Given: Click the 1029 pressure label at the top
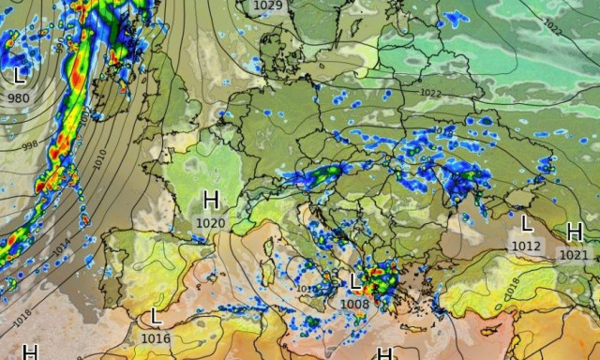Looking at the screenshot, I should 268,6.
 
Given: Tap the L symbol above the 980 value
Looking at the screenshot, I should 20,74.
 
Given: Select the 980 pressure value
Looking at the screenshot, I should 18,97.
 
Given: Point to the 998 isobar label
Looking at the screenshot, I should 30,144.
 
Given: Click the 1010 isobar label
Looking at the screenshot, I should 100,159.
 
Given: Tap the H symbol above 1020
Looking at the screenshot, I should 211,200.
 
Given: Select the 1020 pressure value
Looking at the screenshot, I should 211,223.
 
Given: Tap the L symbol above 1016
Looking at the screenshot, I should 156,317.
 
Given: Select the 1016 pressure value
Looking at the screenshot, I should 156,338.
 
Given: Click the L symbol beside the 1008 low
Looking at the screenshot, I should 355,281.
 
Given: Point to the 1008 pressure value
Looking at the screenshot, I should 354,304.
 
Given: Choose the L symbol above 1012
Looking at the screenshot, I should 527,223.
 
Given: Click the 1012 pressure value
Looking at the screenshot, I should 527,246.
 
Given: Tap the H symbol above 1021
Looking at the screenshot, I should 575,232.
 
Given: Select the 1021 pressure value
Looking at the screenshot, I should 574,254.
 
